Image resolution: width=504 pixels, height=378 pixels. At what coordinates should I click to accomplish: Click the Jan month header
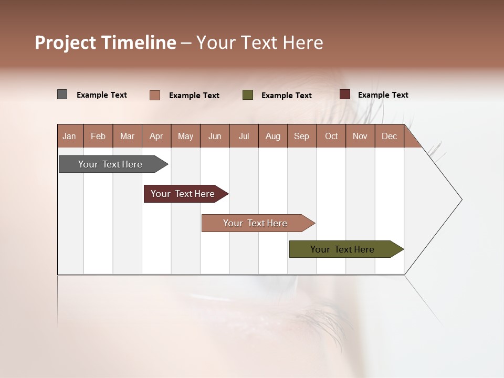tap(70, 136)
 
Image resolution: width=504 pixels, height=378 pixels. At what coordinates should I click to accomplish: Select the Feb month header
tap(98, 136)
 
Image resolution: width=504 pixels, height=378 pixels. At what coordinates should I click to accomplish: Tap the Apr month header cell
tap(156, 136)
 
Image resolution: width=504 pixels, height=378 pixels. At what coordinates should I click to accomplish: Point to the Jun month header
tap(215, 136)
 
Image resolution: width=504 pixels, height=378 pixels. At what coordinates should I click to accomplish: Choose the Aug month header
tap(273, 136)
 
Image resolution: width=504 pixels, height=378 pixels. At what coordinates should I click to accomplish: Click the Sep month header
tap(302, 136)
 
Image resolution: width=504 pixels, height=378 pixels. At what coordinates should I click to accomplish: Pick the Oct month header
tap(331, 136)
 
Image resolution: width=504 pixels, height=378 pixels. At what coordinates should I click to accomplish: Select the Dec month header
tap(390, 136)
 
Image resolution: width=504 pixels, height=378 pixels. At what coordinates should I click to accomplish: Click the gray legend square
tap(62, 94)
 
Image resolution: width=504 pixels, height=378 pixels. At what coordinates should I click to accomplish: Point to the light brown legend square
tap(155, 95)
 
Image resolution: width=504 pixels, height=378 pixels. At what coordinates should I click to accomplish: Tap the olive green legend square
tap(248, 95)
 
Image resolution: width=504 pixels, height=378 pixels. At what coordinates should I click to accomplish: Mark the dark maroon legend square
tap(345, 94)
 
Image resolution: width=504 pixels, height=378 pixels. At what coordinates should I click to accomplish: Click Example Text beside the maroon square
tap(383, 95)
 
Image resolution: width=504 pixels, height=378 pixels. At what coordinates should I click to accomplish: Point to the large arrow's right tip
tap(461, 199)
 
